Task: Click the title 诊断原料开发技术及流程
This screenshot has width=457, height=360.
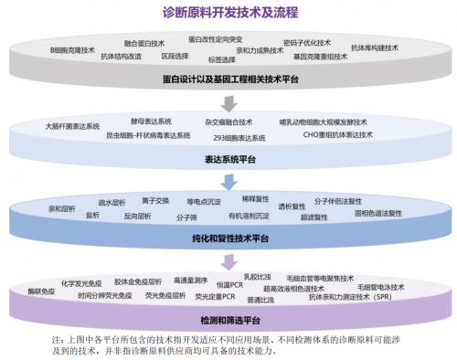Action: tap(229, 13)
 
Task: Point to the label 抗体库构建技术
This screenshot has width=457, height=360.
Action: tap(375, 47)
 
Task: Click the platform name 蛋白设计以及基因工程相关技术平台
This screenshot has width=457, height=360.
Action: tap(228, 80)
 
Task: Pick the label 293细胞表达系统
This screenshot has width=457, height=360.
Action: tap(240, 137)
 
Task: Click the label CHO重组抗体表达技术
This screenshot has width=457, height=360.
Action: tap(338, 134)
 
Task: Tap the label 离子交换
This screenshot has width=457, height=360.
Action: tap(156, 200)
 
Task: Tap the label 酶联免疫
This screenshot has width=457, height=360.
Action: tap(42, 290)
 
